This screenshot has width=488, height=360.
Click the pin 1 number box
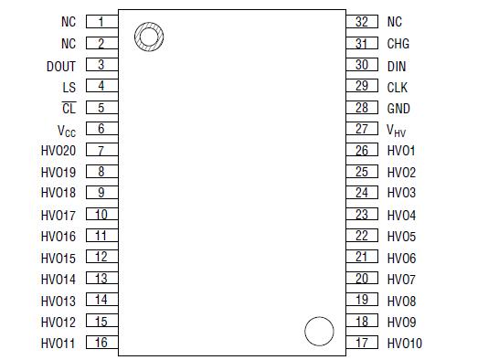(101, 21)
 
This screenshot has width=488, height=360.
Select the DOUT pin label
(61, 66)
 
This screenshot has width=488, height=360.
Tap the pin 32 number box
(362, 21)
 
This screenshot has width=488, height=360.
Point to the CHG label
(398, 44)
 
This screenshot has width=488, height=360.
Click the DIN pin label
(397, 66)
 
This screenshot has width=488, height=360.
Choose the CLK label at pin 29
(398, 87)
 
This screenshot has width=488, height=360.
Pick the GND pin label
(398, 109)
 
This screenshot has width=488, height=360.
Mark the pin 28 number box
(362, 108)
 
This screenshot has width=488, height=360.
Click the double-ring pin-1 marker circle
(148, 37)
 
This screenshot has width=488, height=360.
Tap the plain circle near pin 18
(318, 331)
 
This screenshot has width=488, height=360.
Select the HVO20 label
(58, 151)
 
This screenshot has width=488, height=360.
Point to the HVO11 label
(58, 343)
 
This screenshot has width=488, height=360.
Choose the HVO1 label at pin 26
(401, 151)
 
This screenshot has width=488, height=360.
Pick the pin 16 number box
(101, 343)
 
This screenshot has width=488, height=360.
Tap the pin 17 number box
(362, 343)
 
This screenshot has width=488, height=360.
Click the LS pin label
(69, 87)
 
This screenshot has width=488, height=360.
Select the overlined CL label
(69, 108)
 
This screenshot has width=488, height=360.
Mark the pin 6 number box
(101, 130)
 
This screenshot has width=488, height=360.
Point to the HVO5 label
(401, 236)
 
